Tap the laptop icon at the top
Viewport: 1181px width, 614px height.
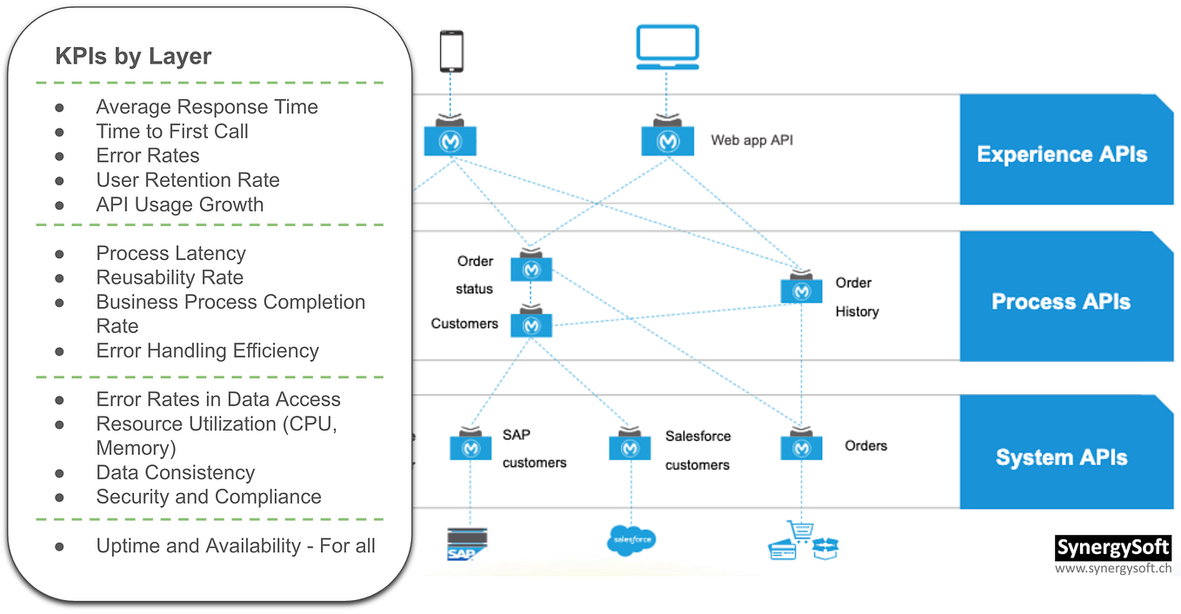tap(667, 47)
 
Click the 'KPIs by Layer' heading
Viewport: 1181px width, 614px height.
tap(133, 57)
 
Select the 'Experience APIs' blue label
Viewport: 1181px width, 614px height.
tap(1062, 154)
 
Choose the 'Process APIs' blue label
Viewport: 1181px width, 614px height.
tap(1061, 302)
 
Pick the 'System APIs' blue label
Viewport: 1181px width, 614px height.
tap(1061, 457)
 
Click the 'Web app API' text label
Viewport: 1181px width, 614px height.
tap(751, 140)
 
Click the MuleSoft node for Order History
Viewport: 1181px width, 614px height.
tap(801, 290)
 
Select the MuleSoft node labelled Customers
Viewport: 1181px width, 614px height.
tap(531, 324)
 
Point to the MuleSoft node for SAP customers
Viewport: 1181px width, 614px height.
tap(470, 447)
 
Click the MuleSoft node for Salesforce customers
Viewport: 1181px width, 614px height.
tap(630, 447)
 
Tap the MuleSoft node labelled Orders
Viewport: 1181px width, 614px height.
tap(801, 446)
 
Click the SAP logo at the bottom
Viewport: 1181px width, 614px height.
tap(466, 543)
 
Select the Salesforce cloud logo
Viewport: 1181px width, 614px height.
tap(631, 540)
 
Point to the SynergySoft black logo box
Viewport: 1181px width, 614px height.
tap(1112, 548)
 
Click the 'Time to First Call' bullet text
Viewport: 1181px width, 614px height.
tap(172, 131)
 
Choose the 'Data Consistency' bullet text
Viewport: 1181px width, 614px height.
tap(175, 472)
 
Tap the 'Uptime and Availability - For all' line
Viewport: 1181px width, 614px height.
tap(236, 545)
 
